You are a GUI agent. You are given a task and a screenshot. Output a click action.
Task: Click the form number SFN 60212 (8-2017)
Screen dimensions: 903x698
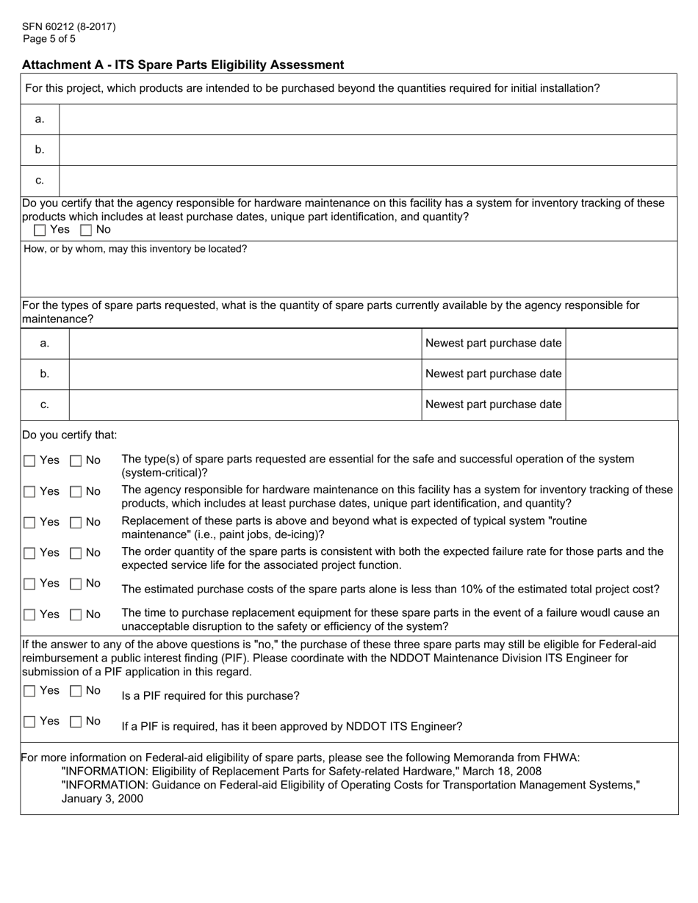tap(68, 27)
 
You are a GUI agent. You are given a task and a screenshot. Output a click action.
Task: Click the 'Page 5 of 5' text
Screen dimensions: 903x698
tap(48, 39)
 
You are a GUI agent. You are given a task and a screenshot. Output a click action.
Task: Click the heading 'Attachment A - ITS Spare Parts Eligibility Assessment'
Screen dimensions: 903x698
tap(183, 65)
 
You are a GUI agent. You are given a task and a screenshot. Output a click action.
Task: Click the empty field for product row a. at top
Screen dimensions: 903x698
tap(367, 119)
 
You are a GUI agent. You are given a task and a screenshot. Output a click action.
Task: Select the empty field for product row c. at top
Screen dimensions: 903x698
tap(367, 181)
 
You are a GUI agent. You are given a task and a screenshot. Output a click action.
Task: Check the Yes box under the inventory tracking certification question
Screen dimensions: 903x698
tap(40, 230)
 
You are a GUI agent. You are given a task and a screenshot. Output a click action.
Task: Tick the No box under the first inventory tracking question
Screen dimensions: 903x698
tap(86, 230)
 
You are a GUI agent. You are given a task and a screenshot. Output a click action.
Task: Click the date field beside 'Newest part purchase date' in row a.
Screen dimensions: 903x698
tap(621, 344)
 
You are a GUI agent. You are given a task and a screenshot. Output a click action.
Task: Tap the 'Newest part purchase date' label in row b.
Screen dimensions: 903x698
tap(493, 374)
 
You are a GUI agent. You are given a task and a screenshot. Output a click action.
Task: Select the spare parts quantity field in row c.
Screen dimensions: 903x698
tap(245, 405)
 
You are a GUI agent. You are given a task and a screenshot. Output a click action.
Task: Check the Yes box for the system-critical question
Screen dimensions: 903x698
tap(29, 461)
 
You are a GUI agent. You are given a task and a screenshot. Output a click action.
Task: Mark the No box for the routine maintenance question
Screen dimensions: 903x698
tap(76, 523)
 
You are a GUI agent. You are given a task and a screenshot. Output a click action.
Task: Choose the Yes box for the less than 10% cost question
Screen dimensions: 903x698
tap(29, 584)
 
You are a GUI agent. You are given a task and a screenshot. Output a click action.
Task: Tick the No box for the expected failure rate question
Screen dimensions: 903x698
tap(76, 553)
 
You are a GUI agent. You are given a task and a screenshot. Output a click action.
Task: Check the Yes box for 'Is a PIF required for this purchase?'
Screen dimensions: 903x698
tap(29, 691)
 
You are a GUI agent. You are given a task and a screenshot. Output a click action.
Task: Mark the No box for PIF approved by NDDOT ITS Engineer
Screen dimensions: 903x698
tap(76, 722)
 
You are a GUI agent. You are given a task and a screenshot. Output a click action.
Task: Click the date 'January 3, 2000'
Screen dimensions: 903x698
tap(102, 799)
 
